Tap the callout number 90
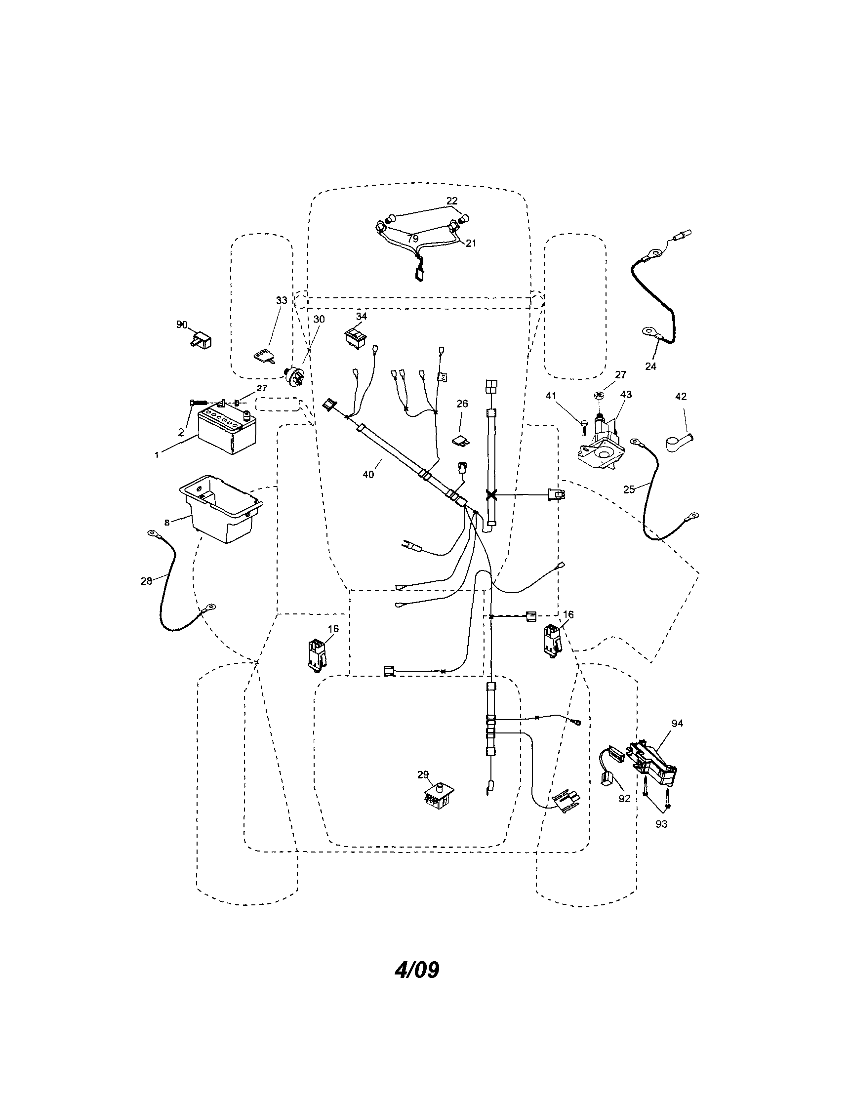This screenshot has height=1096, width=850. (182, 325)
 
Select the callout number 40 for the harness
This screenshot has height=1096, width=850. (368, 474)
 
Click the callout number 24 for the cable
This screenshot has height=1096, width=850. (650, 366)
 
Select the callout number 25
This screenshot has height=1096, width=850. (629, 489)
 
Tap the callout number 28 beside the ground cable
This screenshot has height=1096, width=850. (146, 581)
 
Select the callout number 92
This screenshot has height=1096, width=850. (624, 798)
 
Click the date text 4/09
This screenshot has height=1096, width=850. (417, 970)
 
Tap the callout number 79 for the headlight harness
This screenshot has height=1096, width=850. (412, 239)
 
